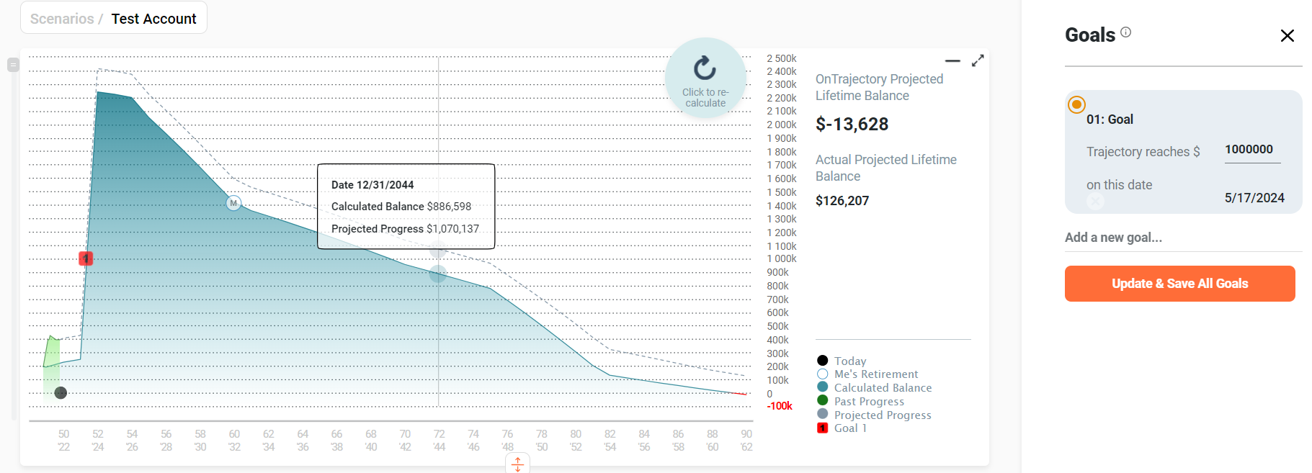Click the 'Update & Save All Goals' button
coord(1179,284)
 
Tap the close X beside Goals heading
coord(1287,36)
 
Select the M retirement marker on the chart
coord(233,203)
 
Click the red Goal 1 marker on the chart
coord(86,258)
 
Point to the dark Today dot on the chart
coord(61,392)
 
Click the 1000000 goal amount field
coord(1251,150)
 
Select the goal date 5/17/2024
coord(1254,198)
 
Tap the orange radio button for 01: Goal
coord(1076,105)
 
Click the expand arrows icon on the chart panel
coord(978,61)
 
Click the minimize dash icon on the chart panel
coord(952,61)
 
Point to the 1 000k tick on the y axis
coord(782,259)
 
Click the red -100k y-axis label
coord(780,406)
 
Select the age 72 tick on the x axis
coord(439,434)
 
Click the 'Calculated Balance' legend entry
coord(882,388)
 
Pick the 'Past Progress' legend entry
coord(868,402)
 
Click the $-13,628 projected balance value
coord(852,125)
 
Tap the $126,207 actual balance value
coord(842,201)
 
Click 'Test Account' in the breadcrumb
coord(153,19)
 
